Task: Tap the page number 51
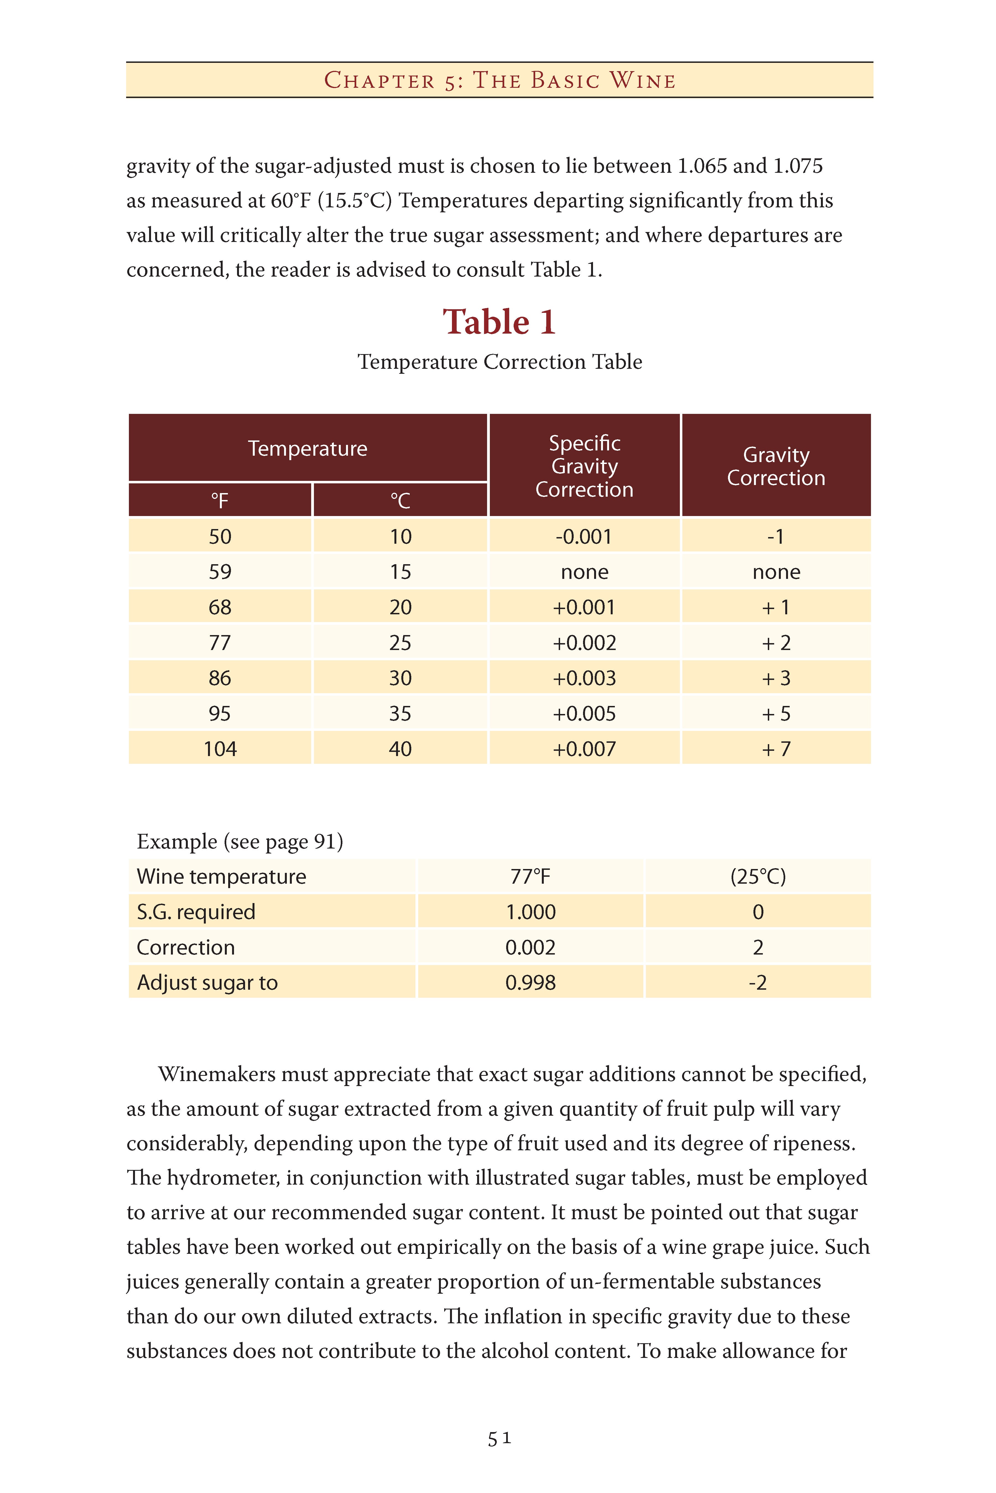coord(499,1438)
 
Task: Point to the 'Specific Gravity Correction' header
coord(584,466)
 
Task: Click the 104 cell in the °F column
coord(220,749)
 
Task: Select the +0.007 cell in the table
coord(584,749)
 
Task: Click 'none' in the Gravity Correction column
coord(776,572)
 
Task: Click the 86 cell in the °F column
coord(220,678)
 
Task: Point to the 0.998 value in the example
coord(530,983)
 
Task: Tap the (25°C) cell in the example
coord(758,876)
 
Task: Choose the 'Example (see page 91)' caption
coord(240,842)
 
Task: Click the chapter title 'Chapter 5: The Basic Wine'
coord(499,80)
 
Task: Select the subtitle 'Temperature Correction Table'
coord(499,362)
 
